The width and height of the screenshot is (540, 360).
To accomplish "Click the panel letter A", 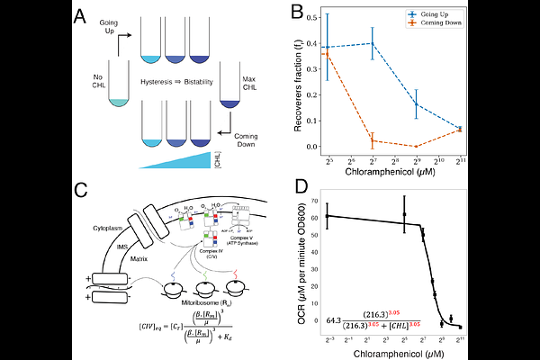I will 80,16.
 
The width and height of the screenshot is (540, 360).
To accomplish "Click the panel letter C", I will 80,192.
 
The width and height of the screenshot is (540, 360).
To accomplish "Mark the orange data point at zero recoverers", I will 417,146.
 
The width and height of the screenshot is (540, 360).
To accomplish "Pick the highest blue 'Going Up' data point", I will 373,43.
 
